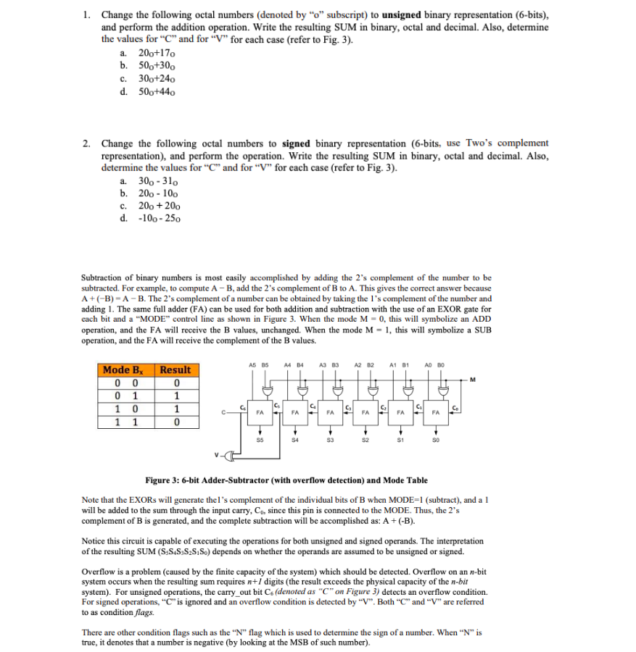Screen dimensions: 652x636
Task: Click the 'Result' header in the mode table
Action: tap(175, 370)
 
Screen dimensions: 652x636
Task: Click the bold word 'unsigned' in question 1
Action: tap(404, 14)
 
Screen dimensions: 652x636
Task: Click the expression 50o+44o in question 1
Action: tap(157, 92)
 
